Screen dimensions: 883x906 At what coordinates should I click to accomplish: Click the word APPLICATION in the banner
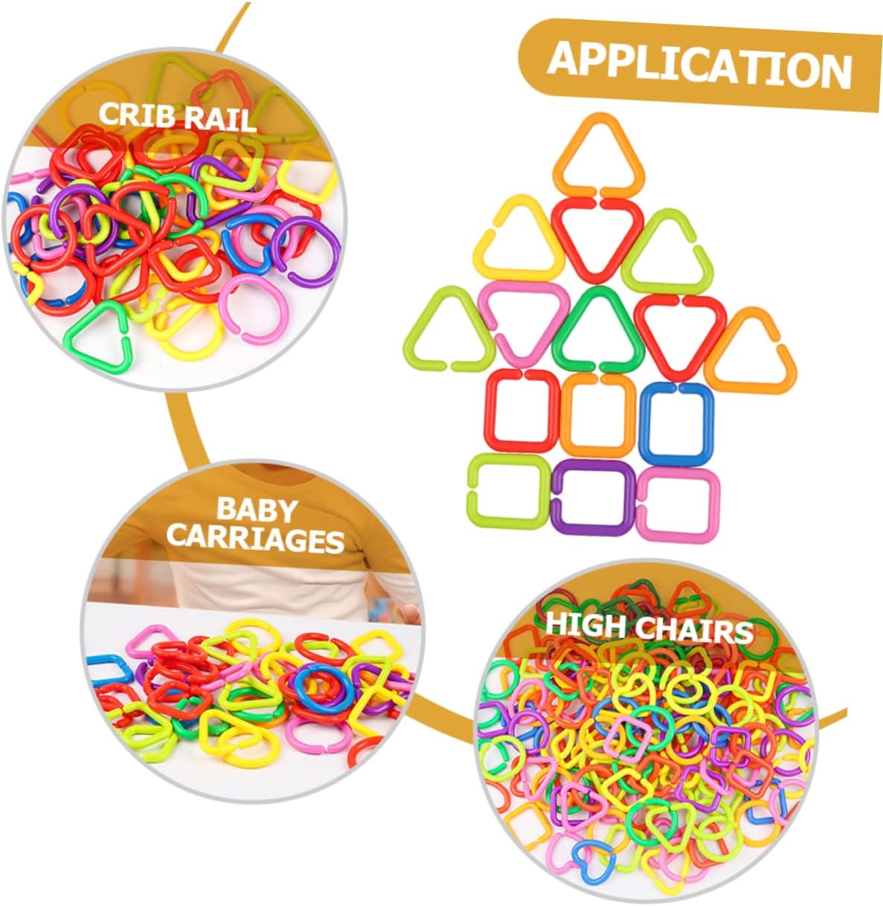click(699, 65)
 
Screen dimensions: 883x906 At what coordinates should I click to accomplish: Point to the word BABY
click(257, 510)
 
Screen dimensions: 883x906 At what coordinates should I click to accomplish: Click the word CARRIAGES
click(255, 541)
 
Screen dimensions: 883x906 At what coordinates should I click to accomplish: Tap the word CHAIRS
click(694, 631)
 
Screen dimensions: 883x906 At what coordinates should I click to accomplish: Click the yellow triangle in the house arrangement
click(519, 240)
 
